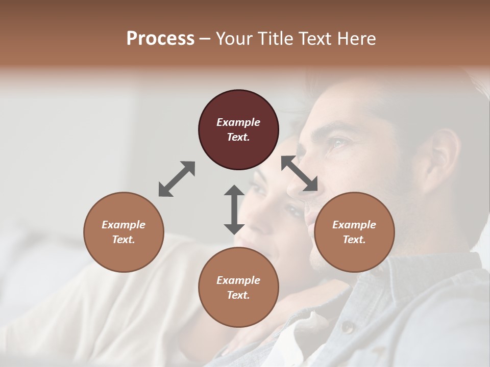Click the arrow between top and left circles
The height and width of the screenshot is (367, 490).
pyautogui.click(x=177, y=179)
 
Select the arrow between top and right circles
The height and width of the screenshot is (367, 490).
pyautogui.click(x=300, y=174)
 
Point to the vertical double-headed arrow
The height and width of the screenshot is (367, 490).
pyautogui.click(x=234, y=209)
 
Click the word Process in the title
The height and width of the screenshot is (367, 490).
pyautogui.click(x=160, y=39)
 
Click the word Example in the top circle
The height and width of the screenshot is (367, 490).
pyautogui.click(x=238, y=122)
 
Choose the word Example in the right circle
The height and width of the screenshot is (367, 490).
pyautogui.click(x=354, y=225)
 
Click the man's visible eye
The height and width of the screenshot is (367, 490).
pyautogui.click(x=338, y=144)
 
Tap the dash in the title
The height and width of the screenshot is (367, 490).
pyautogui.click(x=205, y=39)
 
